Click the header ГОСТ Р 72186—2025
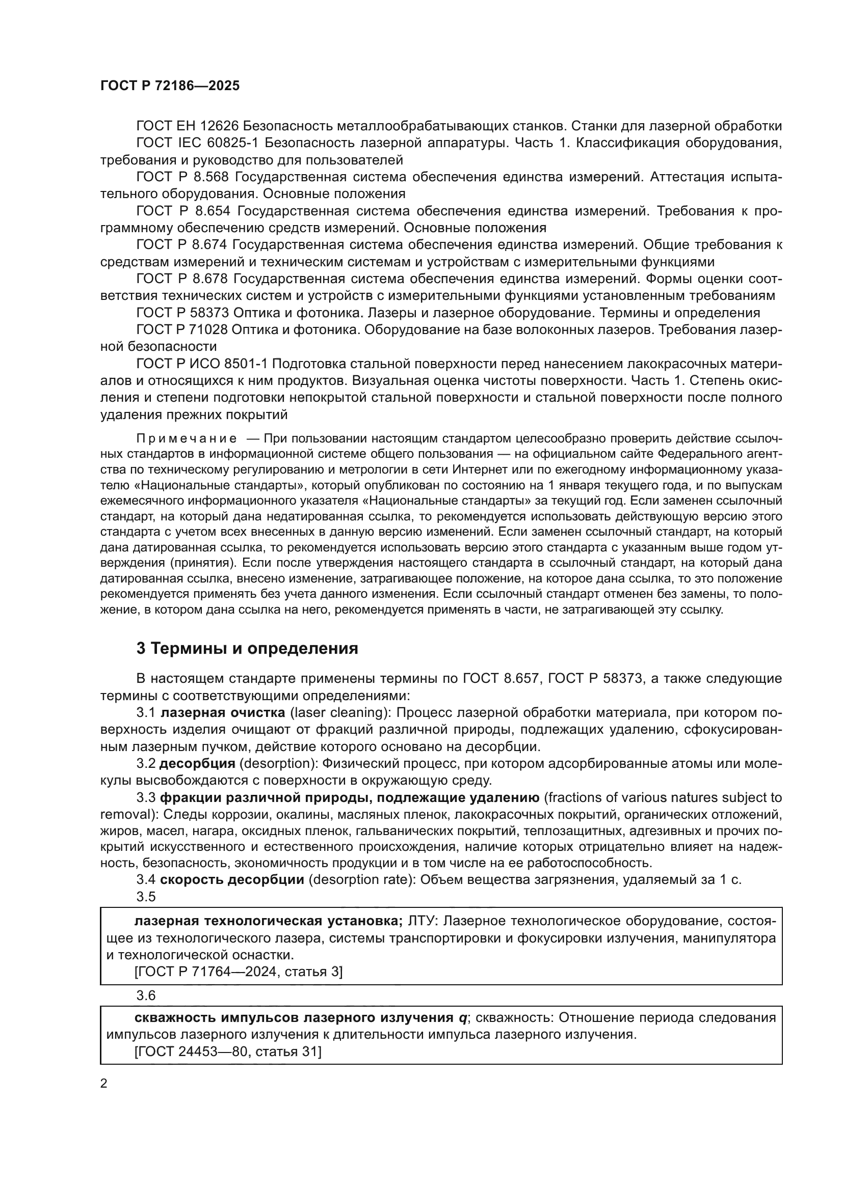tap(170, 86)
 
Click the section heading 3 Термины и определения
tap(247, 648)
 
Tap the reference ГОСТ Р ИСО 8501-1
tap(201, 364)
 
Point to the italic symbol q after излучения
tap(462, 1018)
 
